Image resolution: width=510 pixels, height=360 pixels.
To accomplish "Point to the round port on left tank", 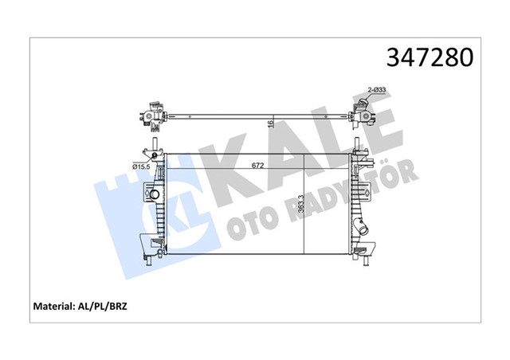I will tap(154, 194).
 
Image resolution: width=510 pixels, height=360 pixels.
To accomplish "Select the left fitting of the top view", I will tap(151, 115).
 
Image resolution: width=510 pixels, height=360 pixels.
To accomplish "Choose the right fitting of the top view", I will tap(363, 112).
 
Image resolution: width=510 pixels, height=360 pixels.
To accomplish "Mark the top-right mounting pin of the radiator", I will tap(356, 147).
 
